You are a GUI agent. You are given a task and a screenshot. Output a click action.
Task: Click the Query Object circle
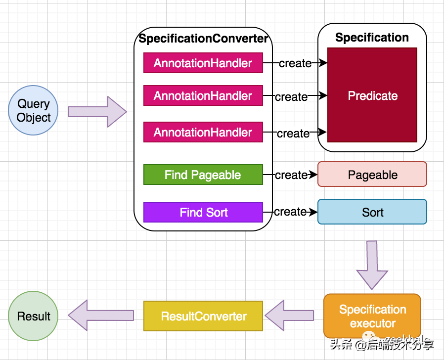click(x=34, y=111)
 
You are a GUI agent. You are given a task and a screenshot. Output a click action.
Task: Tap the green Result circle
click(x=34, y=316)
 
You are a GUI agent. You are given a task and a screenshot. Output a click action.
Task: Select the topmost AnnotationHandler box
click(x=203, y=63)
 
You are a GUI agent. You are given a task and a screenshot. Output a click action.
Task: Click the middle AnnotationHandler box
click(x=203, y=96)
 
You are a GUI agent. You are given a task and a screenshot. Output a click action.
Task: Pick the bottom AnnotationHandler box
click(x=203, y=133)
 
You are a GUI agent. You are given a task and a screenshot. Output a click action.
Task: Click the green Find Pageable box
click(x=203, y=175)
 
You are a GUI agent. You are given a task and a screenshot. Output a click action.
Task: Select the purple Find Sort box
click(x=203, y=213)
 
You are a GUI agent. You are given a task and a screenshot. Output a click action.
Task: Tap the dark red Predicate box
click(x=372, y=95)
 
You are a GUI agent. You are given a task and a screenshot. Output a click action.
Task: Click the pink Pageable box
click(x=372, y=175)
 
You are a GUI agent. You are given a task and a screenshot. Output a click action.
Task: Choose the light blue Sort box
click(x=372, y=212)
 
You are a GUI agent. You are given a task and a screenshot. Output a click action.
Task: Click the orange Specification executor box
click(x=372, y=316)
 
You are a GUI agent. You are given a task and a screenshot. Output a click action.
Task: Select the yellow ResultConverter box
click(x=203, y=316)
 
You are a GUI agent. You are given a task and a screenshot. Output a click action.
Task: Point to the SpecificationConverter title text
click(x=203, y=39)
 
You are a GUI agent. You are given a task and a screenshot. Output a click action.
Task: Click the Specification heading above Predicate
click(x=372, y=38)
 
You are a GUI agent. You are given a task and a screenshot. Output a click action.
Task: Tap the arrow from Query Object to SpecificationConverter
click(x=97, y=112)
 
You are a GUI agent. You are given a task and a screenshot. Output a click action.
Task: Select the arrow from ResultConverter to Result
click(x=101, y=315)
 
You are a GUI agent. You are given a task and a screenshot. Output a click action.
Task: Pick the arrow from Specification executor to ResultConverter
click(x=290, y=315)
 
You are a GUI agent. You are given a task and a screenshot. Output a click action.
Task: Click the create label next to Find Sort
click(x=290, y=212)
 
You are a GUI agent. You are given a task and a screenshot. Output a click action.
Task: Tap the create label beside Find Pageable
click(x=291, y=175)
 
